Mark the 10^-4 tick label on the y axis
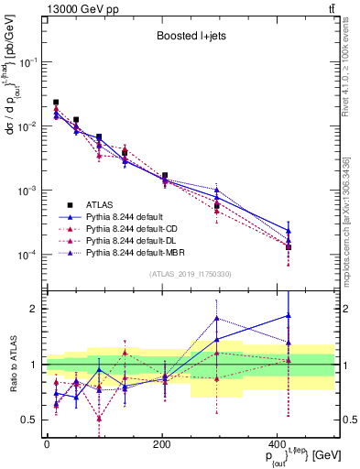[27, 255]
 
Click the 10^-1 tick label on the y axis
[27, 62]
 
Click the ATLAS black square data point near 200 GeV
[165, 175]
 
